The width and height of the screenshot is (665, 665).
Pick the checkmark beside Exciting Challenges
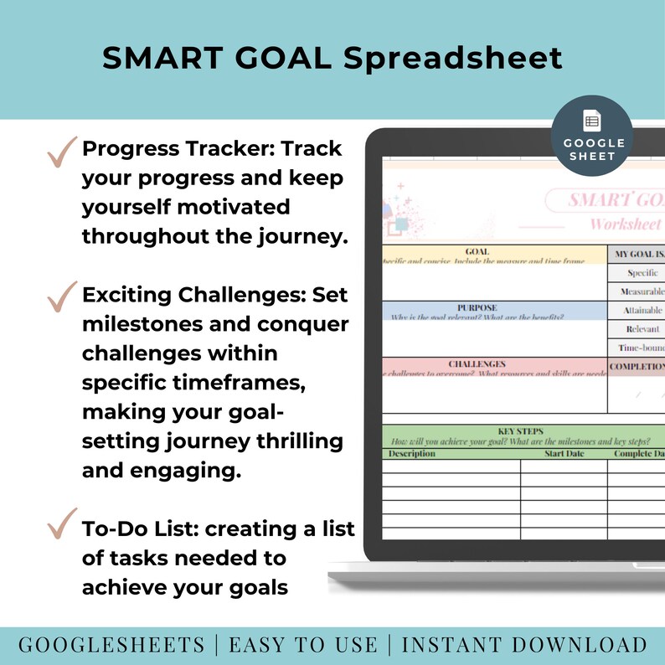(61, 297)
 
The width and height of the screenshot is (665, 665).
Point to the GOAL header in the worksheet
(477, 251)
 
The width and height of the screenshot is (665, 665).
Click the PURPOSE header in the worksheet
(477, 307)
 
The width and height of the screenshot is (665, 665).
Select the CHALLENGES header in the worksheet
(477, 364)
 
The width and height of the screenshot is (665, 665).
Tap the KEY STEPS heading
(520, 431)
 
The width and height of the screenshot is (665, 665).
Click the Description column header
(410, 454)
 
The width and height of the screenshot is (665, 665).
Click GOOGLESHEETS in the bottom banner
(111, 645)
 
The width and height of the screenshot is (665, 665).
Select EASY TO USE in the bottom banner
(302, 645)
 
